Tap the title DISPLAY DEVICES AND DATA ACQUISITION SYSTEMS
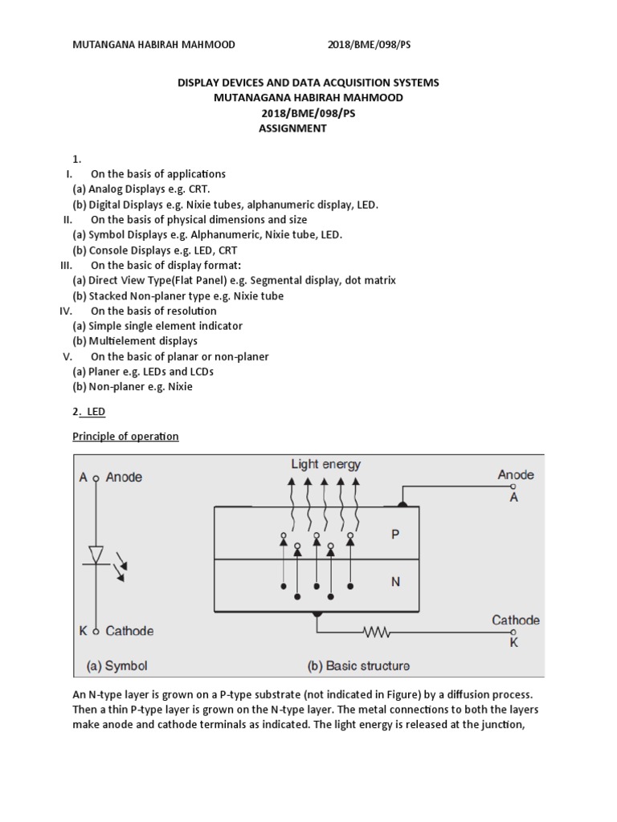pos(308,83)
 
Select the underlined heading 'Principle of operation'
pos(125,437)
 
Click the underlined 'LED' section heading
pos(96,411)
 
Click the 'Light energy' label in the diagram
pos(325,464)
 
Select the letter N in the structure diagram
pos(395,583)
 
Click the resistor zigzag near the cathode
pos(377,633)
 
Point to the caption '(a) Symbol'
pos(117,665)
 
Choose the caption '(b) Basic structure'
pos(358,665)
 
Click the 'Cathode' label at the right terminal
pos(515,620)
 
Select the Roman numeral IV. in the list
pos(67,311)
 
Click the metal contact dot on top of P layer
pos(402,505)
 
